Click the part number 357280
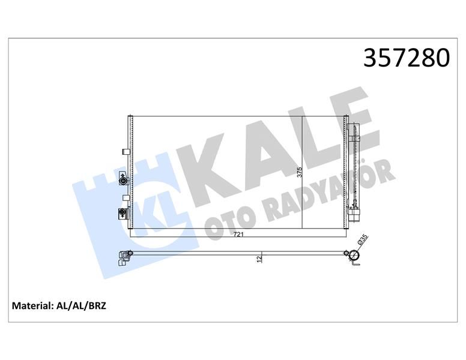point(407,58)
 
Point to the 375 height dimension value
point(299,172)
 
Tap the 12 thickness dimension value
point(259,259)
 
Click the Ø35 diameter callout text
point(363,240)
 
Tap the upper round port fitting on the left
point(123,181)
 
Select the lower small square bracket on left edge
point(124,197)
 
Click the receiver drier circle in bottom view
point(354,256)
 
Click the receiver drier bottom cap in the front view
point(354,216)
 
